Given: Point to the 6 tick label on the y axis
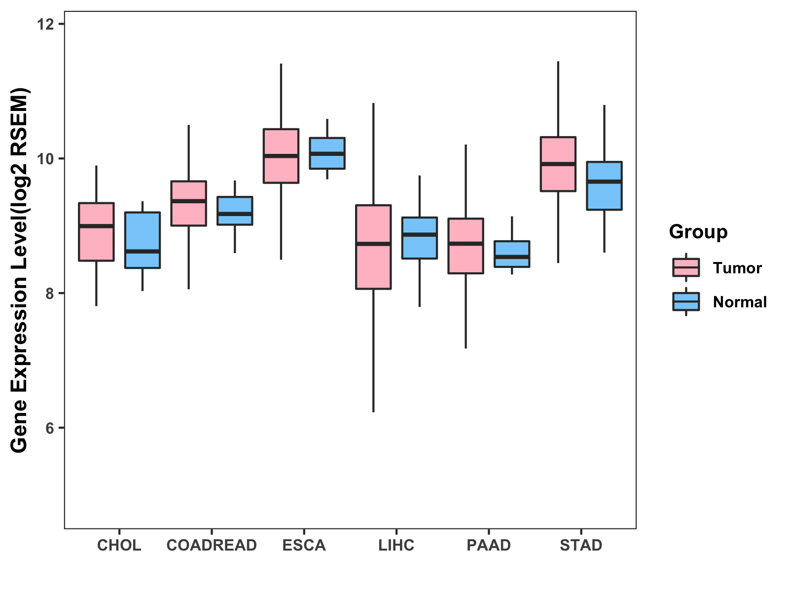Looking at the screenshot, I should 49,428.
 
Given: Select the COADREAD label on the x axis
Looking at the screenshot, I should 212,545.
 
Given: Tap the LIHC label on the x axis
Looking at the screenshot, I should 396,545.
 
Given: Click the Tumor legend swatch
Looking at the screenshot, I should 686,267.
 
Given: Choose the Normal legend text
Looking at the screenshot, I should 740,302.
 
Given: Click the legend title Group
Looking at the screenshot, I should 698,231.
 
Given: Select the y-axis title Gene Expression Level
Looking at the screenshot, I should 20,270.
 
